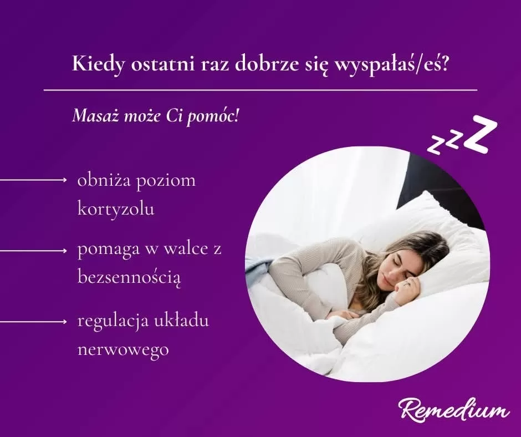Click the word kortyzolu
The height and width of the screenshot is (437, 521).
click(x=116, y=209)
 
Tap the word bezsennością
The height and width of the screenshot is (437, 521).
click(x=130, y=277)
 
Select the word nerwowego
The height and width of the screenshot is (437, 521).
click(x=123, y=350)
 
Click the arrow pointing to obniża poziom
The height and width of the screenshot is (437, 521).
click(x=33, y=180)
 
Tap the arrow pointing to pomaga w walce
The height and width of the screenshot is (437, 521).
click(x=33, y=251)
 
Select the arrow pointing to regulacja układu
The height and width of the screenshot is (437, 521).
click(x=33, y=322)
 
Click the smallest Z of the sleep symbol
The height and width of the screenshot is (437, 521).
click(x=436, y=146)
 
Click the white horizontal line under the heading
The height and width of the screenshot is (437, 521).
click(x=260, y=90)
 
